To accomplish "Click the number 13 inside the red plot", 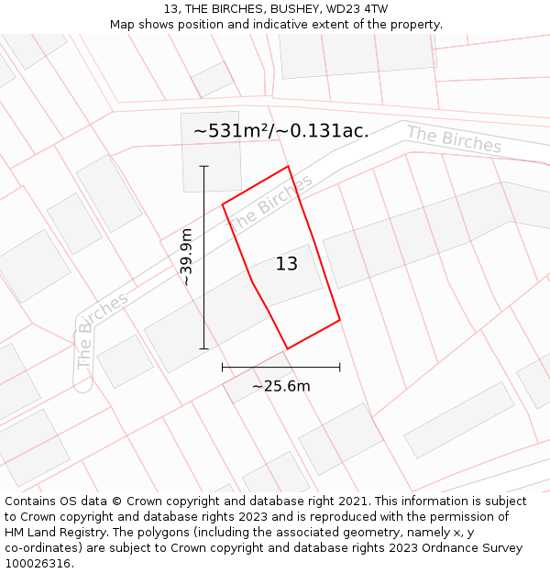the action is [287, 264].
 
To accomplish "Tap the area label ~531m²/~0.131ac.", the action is [281, 130].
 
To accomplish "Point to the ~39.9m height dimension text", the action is [187, 258].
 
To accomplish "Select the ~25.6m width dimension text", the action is [281, 386].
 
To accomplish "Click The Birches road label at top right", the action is [454, 139].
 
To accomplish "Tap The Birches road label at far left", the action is [101, 330].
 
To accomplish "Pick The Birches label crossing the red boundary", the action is [269, 203].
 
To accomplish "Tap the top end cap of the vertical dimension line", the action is [203, 166].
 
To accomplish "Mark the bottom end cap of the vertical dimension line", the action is [203, 348].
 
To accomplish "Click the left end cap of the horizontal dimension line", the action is [223, 367].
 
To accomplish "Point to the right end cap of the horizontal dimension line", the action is [340, 367].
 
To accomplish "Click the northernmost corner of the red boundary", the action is [289, 166].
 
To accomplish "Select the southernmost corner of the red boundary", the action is [288, 348].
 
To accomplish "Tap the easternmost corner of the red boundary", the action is [340, 320].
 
